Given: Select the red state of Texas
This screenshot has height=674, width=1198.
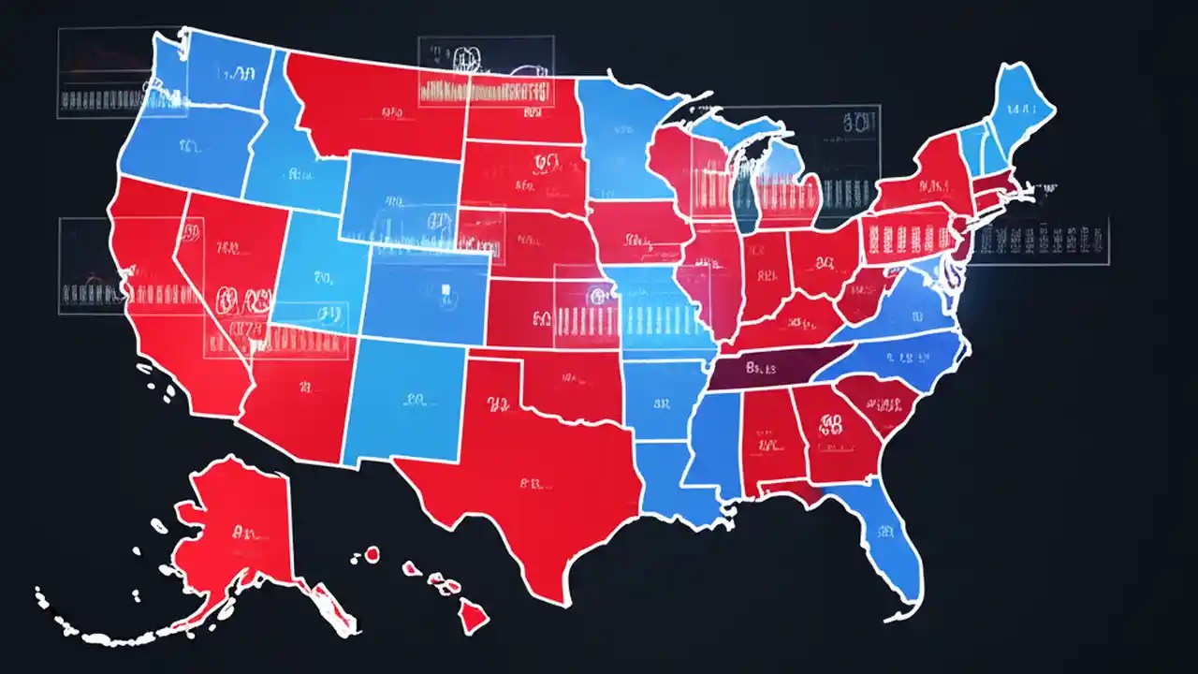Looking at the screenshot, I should click(524, 487).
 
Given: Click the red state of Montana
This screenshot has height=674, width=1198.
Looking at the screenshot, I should click(374, 108).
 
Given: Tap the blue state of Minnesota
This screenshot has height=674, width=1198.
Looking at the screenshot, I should click(622, 140).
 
